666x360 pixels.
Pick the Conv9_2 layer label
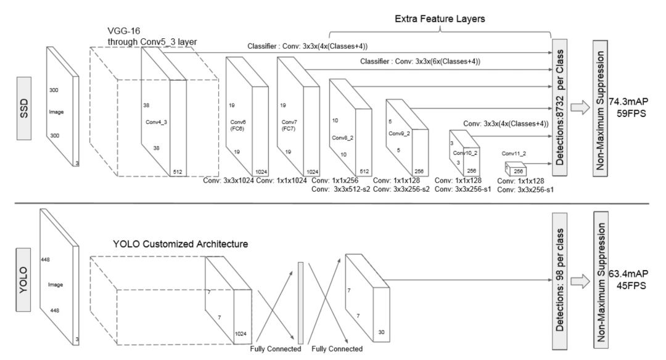point(399,133)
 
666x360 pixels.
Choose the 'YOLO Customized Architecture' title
point(181,244)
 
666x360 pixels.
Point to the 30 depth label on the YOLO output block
point(382,332)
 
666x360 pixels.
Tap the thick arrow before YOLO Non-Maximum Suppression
point(580,281)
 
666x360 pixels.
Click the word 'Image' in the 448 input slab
point(55,285)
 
